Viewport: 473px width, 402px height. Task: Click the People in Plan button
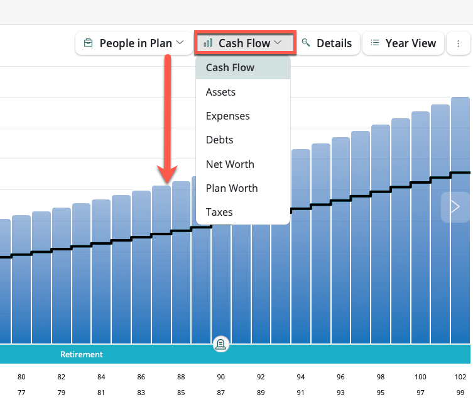[134, 43]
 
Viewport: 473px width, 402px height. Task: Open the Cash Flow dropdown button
[244, 43]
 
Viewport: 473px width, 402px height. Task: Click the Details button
[327, 43]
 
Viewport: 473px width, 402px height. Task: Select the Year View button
[403, 43]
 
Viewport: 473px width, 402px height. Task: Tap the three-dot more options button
[458, 43]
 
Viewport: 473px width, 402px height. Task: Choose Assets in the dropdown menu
[220, 92]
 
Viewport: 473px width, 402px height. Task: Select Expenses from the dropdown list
[227, 116]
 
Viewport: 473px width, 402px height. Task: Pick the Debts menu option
[219, 140]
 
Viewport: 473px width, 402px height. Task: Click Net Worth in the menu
[230, 164]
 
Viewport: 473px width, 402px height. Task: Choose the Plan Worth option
[232, 188]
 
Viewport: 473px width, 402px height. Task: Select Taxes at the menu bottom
[219, 212]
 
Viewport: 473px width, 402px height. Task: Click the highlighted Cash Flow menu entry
[230, 67]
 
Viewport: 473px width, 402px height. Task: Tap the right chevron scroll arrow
[455, 207]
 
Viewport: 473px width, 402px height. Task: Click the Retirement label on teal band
[82, 354]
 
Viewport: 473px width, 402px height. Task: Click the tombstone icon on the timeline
[221, 343]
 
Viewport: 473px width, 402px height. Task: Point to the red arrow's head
[168, 178]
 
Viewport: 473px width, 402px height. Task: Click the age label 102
[460, 377]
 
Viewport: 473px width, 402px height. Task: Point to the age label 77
[21, 393]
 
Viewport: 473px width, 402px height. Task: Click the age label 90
[221, 377]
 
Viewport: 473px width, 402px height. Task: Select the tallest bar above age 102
[460, 220]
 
